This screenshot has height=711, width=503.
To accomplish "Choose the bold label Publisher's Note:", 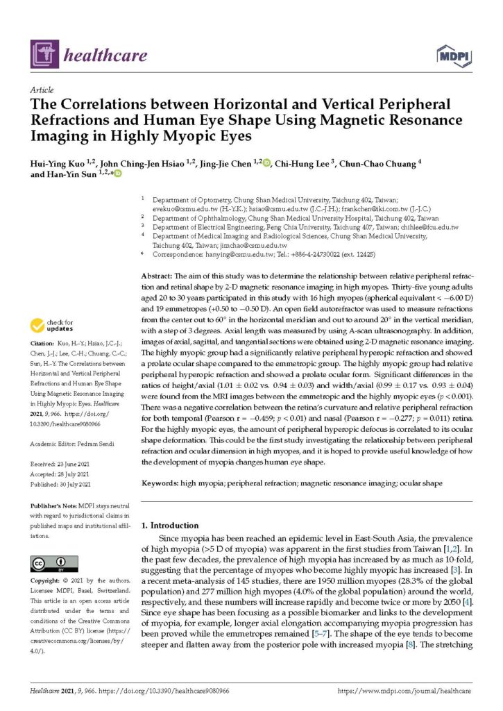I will [54, 507].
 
